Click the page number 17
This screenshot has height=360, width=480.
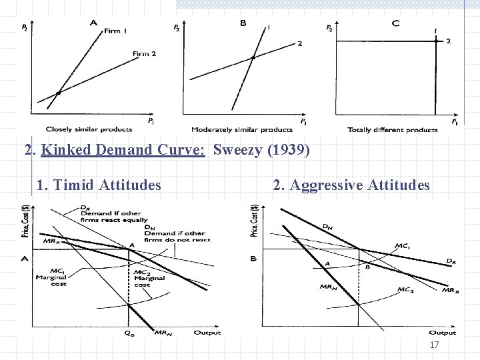tap(434, 345)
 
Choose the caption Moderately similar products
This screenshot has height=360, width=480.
tap(241, 129)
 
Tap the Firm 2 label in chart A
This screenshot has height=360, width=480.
tap(144, 53)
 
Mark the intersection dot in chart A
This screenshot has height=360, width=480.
tap(58, 93)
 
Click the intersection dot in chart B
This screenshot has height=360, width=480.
tap(253, 58)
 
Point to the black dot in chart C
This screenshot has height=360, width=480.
tap(435, 41)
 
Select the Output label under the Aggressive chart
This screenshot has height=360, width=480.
tap(442, 332)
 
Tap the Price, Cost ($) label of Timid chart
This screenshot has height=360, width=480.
tap(25, 223)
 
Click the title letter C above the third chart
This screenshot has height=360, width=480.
tap(396, 23)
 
